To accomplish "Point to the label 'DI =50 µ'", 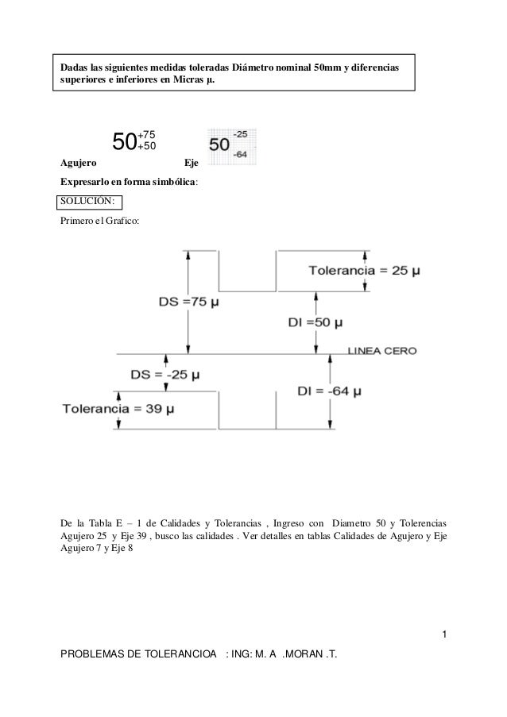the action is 315,323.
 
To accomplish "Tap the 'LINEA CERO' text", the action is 383,350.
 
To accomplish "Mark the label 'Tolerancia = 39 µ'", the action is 118,409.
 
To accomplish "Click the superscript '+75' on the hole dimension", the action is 146,136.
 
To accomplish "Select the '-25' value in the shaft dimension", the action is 239,135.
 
